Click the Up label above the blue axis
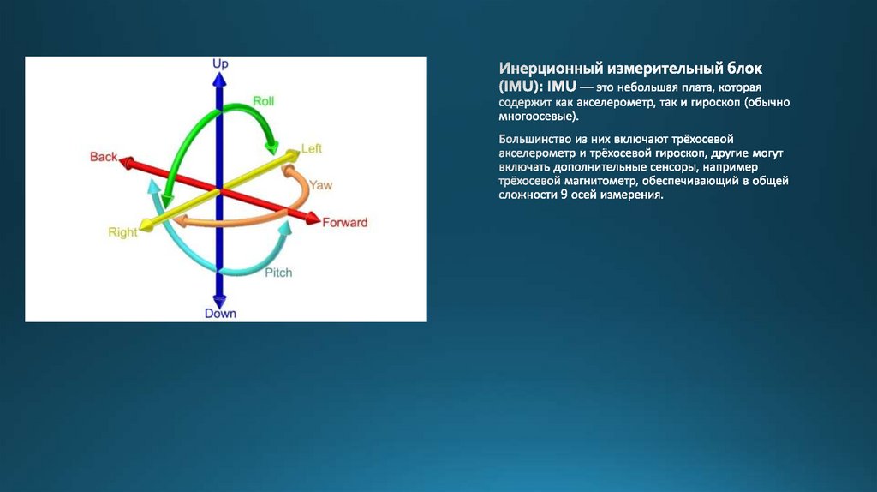click(x=220, y=63)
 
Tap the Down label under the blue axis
click(x=220, y=314)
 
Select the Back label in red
click(x=104, y=157)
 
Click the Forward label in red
click(x=344, y=222)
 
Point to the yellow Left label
click(x=312, y=148)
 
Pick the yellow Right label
click(x=122, y=231)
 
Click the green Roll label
click(x=264, y=101)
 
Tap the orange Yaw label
click(x=320, y=184)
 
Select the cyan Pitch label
click(x=278, y=273)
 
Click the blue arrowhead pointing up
click(x=219, y=80)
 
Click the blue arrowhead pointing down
click(x=219, y=301)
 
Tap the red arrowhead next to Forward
click(x=313, y=219)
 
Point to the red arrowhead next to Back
click(x=127, y=162)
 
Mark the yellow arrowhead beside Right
click(x=146, y=225)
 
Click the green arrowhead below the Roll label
click(x=271, y=148)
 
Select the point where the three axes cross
click(x=219, y=190)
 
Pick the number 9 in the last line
click(x=564, y=195)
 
